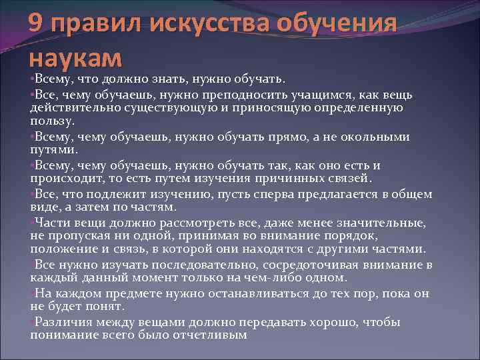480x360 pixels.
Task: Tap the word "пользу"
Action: point(51,122)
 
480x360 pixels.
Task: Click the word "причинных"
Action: point(301,179)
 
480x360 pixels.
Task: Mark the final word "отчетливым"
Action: point(209,336)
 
